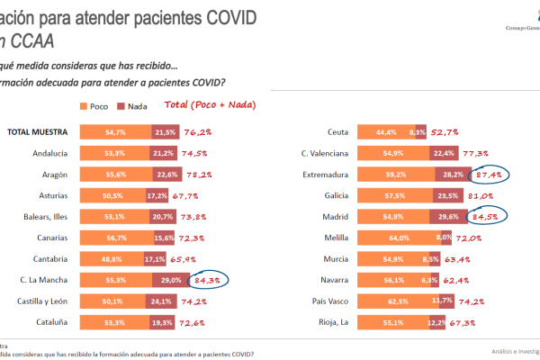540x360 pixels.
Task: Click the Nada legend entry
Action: coord(132,106)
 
